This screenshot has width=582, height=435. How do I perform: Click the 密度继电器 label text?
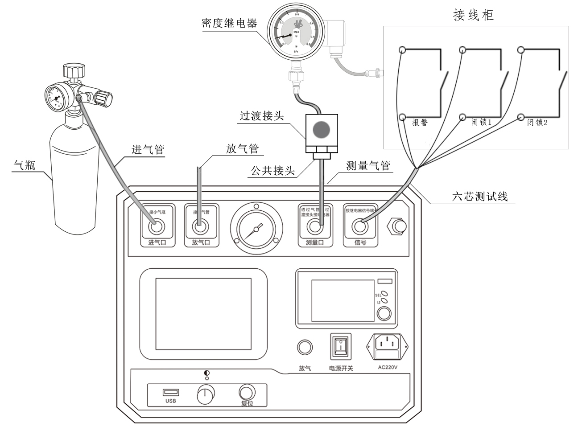229,23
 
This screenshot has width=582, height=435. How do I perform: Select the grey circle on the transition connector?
321,130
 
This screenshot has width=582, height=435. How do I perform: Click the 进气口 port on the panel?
157,227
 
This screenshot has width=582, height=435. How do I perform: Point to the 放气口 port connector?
200,227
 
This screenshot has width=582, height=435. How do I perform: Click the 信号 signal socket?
360,227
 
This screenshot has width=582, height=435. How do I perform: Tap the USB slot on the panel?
171,392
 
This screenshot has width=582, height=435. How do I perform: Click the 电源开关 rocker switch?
340,346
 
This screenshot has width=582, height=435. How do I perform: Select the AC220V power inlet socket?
387,343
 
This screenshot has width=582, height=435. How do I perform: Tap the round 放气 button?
305,347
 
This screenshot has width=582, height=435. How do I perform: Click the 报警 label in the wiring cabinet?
419,123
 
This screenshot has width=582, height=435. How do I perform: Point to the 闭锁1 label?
481,122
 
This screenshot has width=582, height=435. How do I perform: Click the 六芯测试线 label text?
480,196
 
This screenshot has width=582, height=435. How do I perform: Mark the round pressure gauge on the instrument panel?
256,229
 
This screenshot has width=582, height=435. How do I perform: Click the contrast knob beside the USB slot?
206,394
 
